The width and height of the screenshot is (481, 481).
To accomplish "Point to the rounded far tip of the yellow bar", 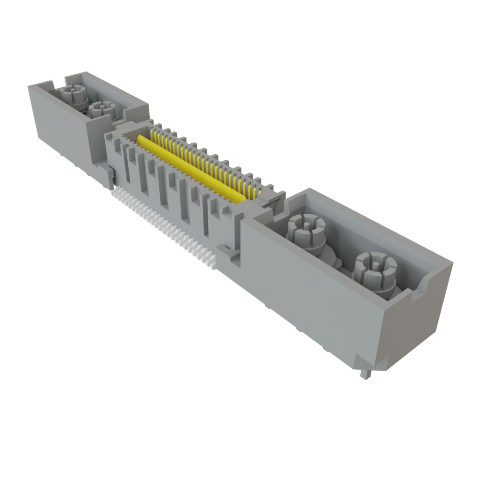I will click(x=140, y=139).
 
